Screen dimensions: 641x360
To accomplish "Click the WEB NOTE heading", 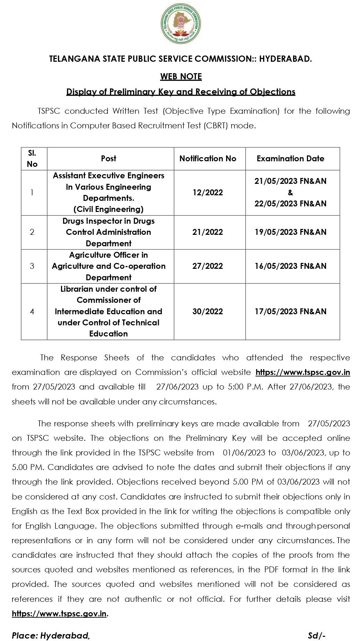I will [181, 76].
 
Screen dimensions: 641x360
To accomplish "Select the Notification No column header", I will [208, 159].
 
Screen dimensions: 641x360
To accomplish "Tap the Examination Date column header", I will [290, 159].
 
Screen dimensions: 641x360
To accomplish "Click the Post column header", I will [109, 159].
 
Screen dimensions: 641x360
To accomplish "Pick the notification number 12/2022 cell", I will [208, 193].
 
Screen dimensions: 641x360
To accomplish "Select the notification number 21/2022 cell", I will [208, 232].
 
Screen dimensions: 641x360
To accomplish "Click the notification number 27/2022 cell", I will [208, 266].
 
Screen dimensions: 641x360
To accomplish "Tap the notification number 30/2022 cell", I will [208, 311].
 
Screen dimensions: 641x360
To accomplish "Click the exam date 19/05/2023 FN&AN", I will [290, 232].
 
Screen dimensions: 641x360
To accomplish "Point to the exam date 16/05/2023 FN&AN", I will [290, 266].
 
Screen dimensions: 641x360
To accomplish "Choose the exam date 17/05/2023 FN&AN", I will [290, 311].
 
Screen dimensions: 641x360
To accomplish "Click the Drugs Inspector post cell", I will [109, 232].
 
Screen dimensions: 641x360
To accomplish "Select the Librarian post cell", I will [109, 311].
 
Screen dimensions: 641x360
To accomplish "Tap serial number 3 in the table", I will [32, 266].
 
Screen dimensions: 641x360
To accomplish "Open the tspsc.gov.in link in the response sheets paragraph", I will [302, 372].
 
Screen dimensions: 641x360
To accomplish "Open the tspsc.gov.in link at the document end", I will [59, 613].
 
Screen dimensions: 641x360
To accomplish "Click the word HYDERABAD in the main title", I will [285, 59].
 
